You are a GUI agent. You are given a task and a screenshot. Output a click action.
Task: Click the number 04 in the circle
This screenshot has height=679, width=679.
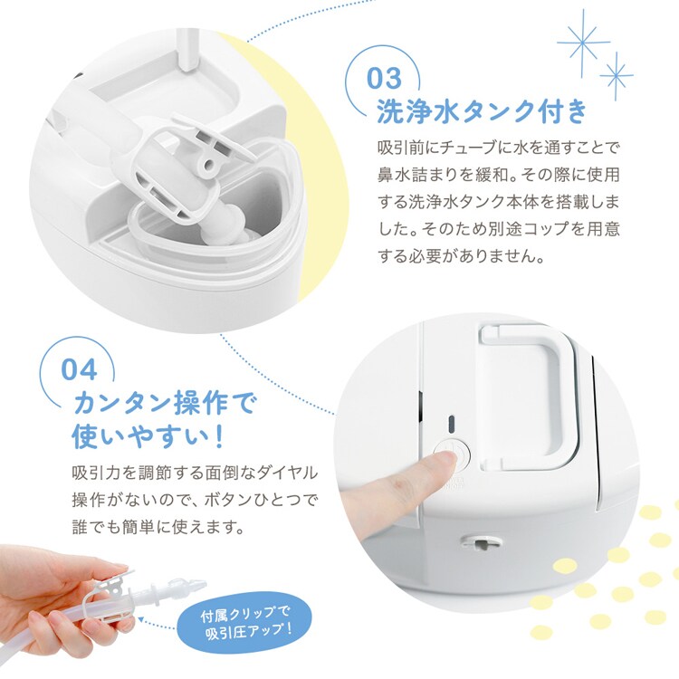coord(79,368)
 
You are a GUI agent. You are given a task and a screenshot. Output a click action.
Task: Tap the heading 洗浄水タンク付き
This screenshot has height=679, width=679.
coord(482,112)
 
